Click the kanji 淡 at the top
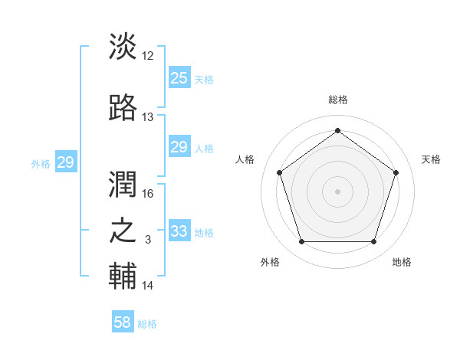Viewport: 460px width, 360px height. [x=123, y=47]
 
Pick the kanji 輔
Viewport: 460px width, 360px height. [x=123, y=277]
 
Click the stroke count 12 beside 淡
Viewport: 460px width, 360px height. [x=148, y=55]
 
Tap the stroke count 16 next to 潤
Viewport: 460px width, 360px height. [x=148, y=194]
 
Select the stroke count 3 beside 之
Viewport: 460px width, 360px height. [x=148, y=240]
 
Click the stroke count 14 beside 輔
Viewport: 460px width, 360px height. [x=148, y=286]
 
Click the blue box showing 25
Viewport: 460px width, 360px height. [x=179, y=77]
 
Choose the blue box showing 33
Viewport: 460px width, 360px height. [x=179, y=231]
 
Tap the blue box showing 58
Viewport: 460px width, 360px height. [x=123, y=322]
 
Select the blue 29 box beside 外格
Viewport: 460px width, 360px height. [x=65, y=162]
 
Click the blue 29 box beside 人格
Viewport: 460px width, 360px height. [x=179, y=147]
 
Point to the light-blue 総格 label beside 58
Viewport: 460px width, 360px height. [x=147, y=324]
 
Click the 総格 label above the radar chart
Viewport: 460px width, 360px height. [x=337, y=100]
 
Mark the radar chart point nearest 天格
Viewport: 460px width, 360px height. [x=396, y=172]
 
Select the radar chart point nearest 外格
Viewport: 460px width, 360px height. [x=301, y=242]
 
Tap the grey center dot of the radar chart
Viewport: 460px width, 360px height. [x=337, y=191]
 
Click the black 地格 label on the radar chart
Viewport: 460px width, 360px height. [x=402, y=262]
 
